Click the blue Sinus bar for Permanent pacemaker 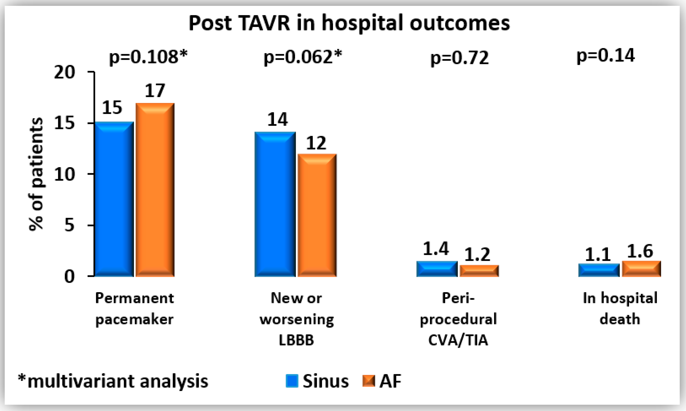pyautogui.click(x=114, y=199)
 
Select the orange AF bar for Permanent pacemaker pyautogui.click(x=155, y=190)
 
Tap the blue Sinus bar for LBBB pyautogui.click(x=275, y=204)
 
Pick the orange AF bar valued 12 pyautogui.click(x=317, y=215)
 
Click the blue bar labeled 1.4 pyautogui.click(x=437, y=269)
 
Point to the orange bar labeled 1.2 pyautogui.click(x=479, y=271)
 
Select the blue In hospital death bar pyautogui.click(x=599, y=270)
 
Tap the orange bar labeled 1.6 pyautogui.click(x=641, y=269)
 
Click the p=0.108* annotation pyautogui.click(x=148, y=57)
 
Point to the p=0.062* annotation pyautogui.click(x=302, y=57)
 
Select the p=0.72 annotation pyautogui.click(x=459, y=58)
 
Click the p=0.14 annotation pyautogui.click(x=605, y=56)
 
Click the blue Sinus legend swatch pyautogui.click(x=292, y=381)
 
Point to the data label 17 pyautogui.click(x=155, y=91)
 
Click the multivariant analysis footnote pyautogui.click(x=113, y=381)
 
